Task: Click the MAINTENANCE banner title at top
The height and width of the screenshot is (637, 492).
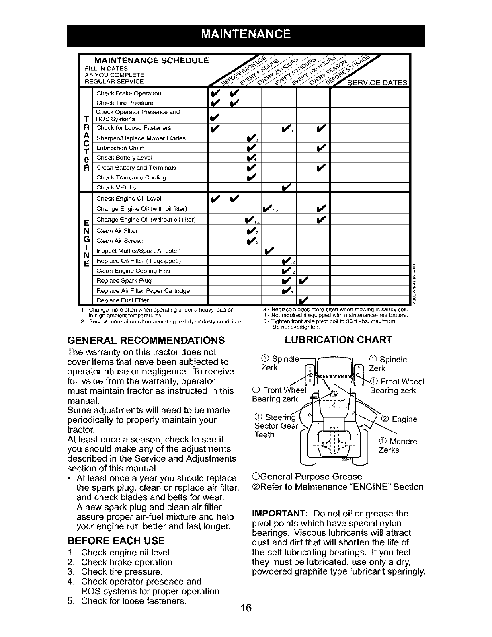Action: pyautogui.click(x=246, y=33)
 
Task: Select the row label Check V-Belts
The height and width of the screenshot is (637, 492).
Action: pyautogui.click(x=116, y=187)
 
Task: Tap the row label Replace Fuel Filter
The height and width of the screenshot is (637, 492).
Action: pyautogui.click(x=123, y=300)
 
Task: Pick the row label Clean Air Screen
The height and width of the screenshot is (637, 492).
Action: pyautogui.click(x=120, y=241)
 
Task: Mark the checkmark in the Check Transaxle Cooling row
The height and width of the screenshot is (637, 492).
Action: pyautogui.click(x=252, y=177)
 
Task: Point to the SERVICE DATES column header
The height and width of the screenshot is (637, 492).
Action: pyautogui.click(x=377, y=83)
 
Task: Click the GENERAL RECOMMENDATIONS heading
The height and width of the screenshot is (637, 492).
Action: pyautogui.click(x=145, y=340)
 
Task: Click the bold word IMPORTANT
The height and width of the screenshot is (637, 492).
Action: pyautogui.click(x=280, y=514)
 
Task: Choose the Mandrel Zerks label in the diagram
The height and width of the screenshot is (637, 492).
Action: pyautogui.click(x=398, y=446)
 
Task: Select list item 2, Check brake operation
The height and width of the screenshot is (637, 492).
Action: pyautogui.click(x=127, y=562)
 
